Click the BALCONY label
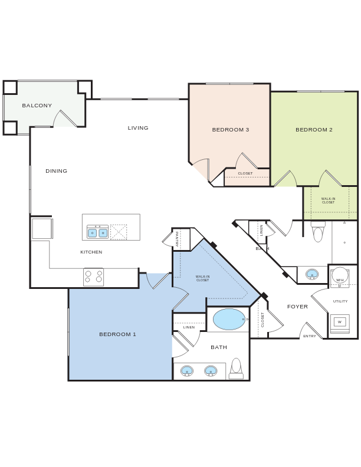coord(37,106)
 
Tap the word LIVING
coord(138,128)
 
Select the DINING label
coord(57,171)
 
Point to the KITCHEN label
coord(91,252)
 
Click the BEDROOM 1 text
coord(117,334)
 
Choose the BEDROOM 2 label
coord(314,130)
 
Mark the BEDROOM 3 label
coord(231,130)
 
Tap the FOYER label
coord(297,307)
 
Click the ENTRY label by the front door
coord(310,336)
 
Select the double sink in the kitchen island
coord(98,233)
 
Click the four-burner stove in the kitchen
coord(93,277)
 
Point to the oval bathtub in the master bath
coord(229,319)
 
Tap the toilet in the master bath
coord(236,367)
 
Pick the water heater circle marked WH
coord(340,275)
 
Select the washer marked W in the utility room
coord(339,322)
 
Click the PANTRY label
coord(177,239)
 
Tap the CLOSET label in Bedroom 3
coord(245,173)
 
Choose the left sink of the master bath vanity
coord(187,371)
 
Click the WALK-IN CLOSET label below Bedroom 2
coord(328,200)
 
